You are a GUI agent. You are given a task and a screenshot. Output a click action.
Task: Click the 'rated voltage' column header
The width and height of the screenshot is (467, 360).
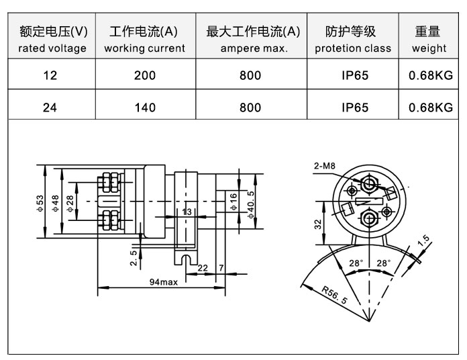tap(52, 39)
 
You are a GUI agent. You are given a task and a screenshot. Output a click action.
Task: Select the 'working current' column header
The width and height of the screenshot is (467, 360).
tap(144, 39)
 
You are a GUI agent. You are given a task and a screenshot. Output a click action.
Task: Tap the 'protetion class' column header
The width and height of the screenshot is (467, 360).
tap(352, 39)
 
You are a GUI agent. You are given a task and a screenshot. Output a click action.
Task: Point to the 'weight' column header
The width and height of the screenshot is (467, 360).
tap(429, 39)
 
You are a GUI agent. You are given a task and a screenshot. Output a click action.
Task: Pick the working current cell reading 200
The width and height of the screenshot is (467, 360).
tap(144, 75)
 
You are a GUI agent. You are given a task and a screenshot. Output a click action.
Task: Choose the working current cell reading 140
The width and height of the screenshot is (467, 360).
tap(144, 107)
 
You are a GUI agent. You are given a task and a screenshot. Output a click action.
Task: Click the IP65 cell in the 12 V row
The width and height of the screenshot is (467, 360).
tap(355, 75)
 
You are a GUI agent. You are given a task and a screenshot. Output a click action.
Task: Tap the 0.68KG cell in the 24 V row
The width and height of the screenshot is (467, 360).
tap(430, 107)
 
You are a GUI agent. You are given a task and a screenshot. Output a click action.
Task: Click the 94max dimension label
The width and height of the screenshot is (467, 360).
tap(164, 282)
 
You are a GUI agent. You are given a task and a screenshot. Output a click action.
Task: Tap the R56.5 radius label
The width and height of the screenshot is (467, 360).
tap(333, 295)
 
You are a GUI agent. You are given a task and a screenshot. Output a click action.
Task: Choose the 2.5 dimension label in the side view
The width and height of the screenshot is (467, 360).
tap(134, 257)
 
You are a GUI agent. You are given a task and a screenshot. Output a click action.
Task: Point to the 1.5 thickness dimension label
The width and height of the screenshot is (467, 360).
tap(423, 240)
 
